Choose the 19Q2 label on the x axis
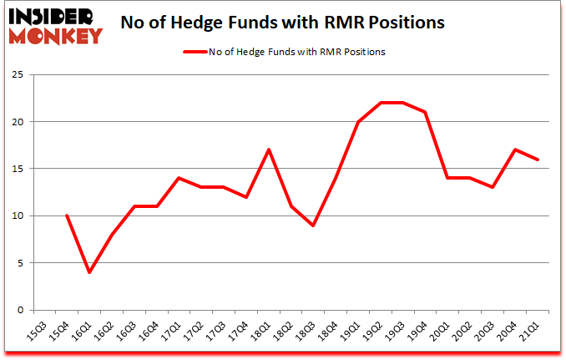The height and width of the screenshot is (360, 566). [379, 332]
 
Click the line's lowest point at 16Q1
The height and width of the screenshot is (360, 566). [89, 272]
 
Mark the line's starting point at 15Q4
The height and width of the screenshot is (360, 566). [66, 215]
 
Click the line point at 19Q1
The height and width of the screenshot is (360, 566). [357, 122]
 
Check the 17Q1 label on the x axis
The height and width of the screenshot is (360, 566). [172, 332]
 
